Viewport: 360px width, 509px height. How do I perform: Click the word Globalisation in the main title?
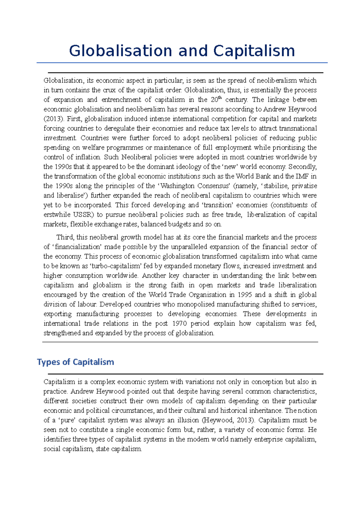coord(121,51)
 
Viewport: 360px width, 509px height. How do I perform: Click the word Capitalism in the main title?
coord(254,51)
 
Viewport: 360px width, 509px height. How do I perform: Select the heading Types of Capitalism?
coord(75,362)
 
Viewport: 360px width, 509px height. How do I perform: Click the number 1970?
coord(179,323)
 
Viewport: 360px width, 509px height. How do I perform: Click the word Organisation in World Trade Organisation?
coord(206,295)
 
